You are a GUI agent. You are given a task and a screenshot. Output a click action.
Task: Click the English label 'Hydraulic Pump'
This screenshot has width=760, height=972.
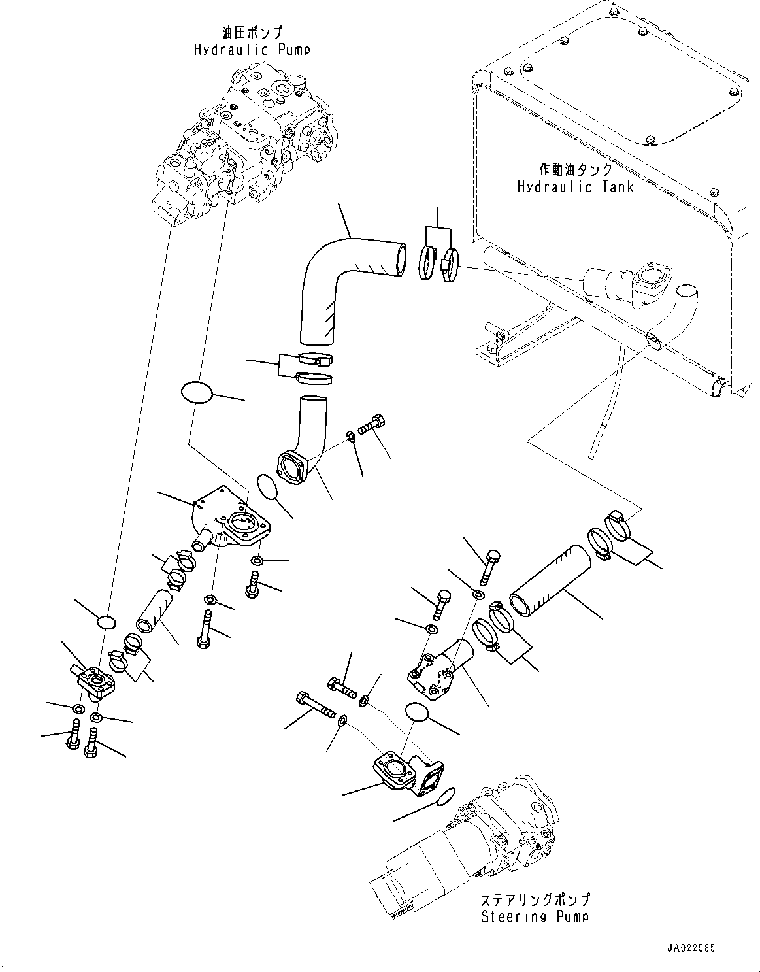[252, 50]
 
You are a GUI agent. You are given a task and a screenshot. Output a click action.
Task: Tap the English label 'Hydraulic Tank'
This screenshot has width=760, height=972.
[575, 187]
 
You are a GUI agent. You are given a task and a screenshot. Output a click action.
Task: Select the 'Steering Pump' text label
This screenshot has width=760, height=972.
[535, 916]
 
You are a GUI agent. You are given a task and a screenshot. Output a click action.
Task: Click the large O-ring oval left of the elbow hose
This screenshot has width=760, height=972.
[197, 394]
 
